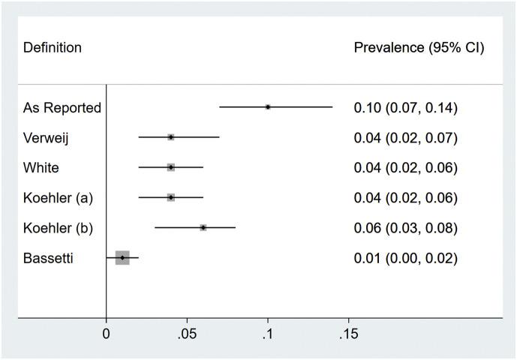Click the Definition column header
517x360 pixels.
(53, 48)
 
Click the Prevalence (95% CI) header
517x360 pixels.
(419, 48)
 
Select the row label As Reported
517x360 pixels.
(62, 107)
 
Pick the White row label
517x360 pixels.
(41, 167)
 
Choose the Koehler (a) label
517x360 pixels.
(58, 197)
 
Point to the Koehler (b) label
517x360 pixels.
(58, 227)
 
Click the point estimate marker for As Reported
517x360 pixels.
(268, 106)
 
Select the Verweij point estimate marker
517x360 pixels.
(171, 137)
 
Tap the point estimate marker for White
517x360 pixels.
(171, 167)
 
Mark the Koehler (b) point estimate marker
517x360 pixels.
(203, 227)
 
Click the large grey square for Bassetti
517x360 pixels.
(122, 257)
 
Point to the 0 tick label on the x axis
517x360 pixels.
(106, 331)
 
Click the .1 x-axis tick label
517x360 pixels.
(267, 331)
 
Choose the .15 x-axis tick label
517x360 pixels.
(347, 331)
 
